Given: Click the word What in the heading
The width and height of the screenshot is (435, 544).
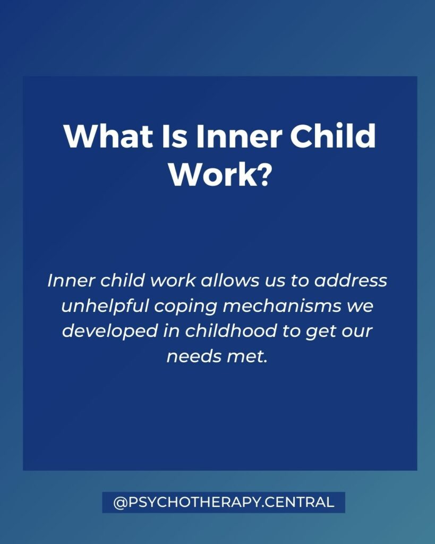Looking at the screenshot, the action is (108, 135).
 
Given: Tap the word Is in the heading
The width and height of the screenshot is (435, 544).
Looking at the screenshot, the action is (175, 135).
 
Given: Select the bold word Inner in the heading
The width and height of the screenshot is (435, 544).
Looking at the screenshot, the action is (238, 135).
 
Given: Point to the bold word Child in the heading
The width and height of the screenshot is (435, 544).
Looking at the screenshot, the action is (332, 135).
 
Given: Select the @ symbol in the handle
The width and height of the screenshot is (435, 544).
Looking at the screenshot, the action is (121, 503).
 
